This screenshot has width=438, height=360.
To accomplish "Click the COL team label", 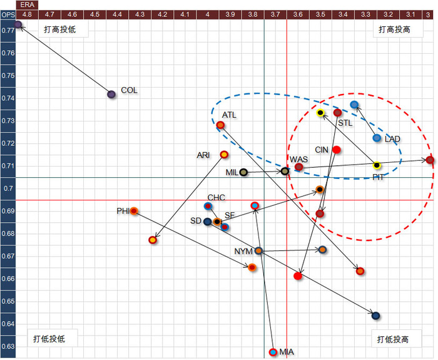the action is tap(129, 90).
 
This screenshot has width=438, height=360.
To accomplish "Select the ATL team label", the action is tap(230, 115).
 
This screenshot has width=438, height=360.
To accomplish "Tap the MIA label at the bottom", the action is tap(287, 352).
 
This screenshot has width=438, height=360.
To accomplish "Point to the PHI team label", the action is tap(123, 210).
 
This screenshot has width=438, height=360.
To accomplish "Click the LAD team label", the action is tap(393, 138).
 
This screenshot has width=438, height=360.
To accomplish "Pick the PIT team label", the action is tap(379, 177).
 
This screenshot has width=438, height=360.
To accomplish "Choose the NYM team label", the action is tap(243, 251).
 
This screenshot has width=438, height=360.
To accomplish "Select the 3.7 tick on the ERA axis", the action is tap(275, 13).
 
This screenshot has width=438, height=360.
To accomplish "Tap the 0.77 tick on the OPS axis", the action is tap(8, 30).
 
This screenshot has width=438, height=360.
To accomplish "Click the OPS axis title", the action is tap(8, 13).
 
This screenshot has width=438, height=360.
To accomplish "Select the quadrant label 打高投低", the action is tap(60, 29).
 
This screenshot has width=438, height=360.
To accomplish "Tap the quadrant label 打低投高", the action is tap(393, 339).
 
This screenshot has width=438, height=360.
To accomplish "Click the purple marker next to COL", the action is tap(111, 95).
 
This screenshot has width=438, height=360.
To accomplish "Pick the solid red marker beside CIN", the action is tap(337, 150).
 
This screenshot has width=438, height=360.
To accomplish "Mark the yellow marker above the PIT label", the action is tap(377, 165).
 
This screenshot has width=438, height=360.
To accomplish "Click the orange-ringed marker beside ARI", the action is tap(224, 155).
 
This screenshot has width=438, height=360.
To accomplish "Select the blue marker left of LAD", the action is tap(377, 138).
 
